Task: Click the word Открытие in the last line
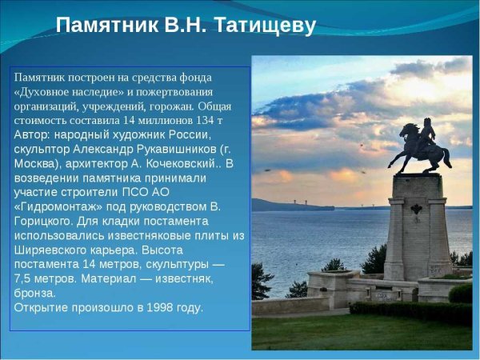pyautogui.click(x=40, y=307)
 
